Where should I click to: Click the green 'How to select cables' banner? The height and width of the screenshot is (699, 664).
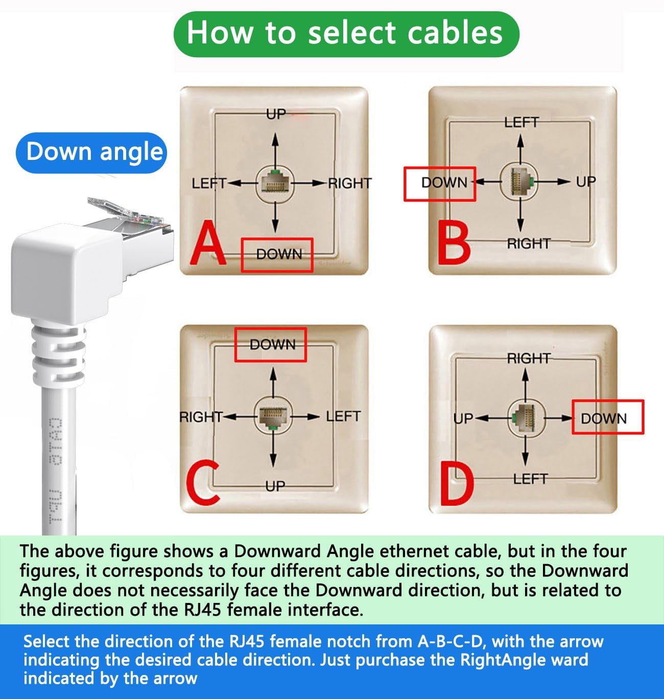point(346,34)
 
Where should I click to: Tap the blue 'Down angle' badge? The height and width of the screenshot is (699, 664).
point(92,152)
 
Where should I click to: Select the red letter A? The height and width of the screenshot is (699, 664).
point(208,244)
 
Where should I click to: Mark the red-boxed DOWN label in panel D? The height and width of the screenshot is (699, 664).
point(607,418)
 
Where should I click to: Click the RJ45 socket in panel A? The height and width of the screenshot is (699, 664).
point(275,183)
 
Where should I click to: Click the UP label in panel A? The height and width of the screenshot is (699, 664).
point(276,114)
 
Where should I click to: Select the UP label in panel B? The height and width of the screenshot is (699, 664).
point(585,182)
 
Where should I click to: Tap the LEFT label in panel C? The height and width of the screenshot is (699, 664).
point(343,416)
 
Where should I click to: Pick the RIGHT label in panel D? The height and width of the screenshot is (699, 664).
point(528,358)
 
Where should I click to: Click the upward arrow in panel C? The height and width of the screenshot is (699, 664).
point(273,381)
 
